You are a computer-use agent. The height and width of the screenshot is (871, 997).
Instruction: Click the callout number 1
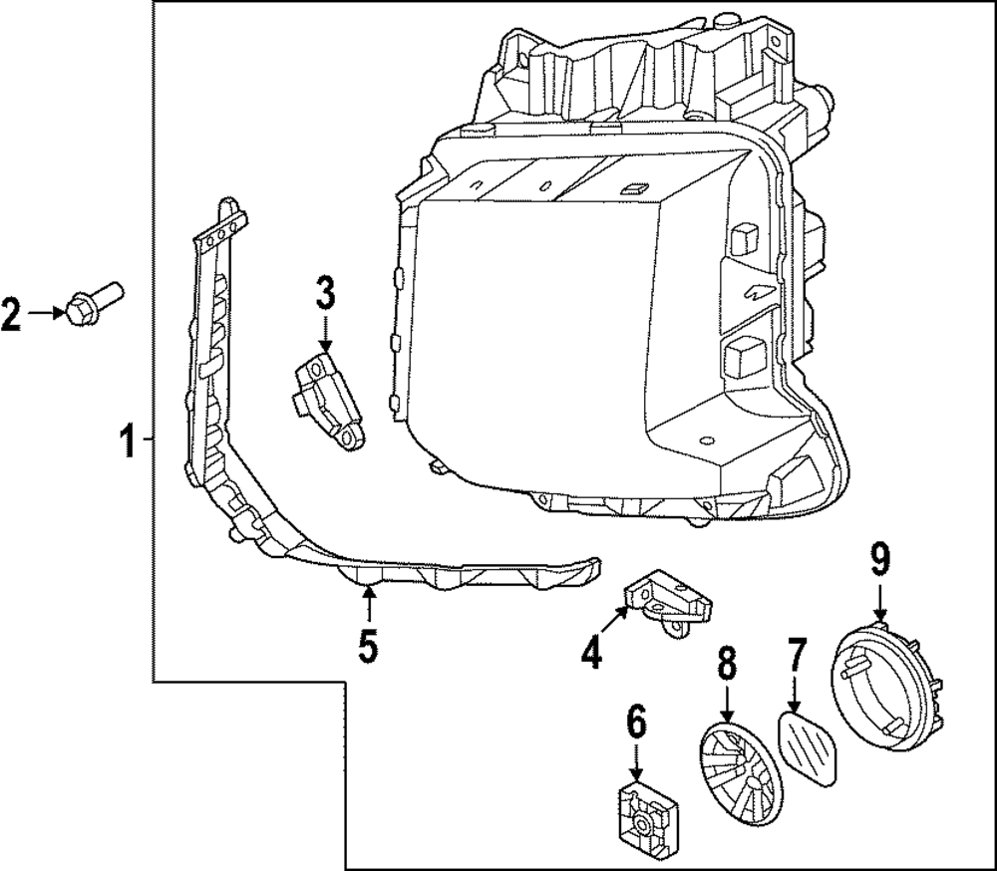tap(128, 439)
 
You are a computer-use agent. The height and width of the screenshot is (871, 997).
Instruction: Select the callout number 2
tap(11, 315)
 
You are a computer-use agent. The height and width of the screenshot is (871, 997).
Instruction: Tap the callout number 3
tap(325, 294)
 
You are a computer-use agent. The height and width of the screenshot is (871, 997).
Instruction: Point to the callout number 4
tap(591, 653)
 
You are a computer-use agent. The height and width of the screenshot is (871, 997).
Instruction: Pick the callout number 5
tap(368, 647)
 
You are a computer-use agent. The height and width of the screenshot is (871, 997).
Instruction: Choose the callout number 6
tap(636, 721)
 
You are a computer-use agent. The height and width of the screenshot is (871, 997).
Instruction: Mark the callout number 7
tap(795, 658)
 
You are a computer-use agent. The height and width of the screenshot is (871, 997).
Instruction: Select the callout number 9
tap(878, 561)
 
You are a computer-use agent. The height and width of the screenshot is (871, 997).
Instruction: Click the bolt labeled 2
tap(91, 301)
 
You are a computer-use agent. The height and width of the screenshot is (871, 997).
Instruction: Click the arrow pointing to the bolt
tap(45, 314)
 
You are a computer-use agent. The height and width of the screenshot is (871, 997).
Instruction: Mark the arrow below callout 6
tap(636, 762)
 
